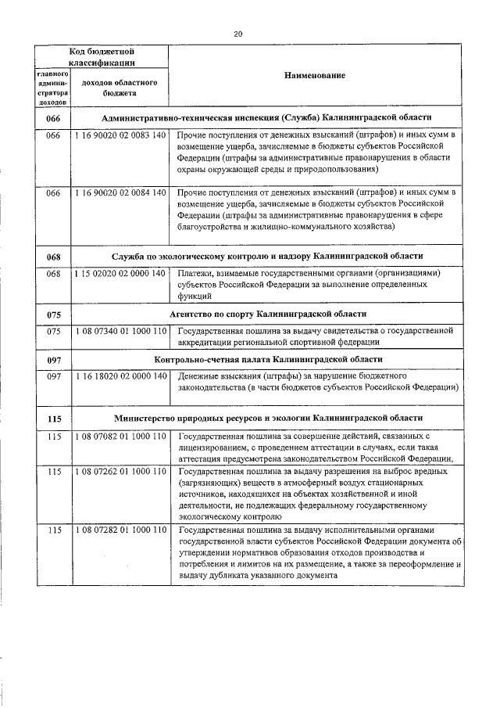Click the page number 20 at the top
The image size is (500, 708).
coord(238,33)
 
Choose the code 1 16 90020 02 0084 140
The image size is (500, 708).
coord(120,192)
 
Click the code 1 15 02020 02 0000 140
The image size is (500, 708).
coord(120,274)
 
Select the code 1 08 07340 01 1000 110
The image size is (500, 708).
coord(120,332)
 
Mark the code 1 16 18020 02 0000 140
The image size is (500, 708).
coord(120,376)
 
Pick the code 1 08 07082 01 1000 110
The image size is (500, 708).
coord(120,436)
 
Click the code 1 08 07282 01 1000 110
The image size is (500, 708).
coord(120,530)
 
